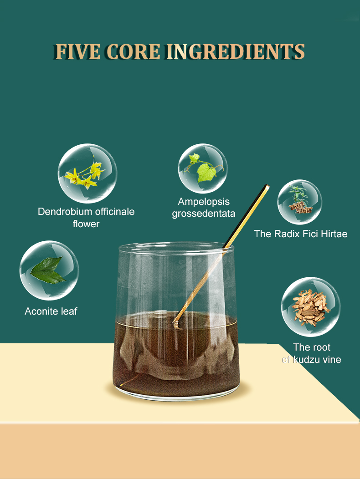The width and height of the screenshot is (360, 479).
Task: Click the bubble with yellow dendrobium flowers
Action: (x=87, y=173)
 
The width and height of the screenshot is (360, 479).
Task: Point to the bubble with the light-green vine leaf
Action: (x=203, y=168)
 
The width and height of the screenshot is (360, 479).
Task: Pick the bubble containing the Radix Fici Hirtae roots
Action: (x=300, y=202)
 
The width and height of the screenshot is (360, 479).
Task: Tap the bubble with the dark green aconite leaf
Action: (x=49, y=270)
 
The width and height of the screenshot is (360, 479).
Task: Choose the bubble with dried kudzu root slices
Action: (x=311, y=307)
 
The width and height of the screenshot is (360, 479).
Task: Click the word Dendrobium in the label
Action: (x=65, y=211)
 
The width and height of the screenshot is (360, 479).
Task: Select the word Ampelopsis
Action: (x=204, y=202)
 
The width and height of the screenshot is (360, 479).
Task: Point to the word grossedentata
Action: (x=204, y=214)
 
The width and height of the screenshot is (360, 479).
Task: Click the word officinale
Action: (x=115, y=211)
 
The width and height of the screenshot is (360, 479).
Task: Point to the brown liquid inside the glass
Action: (x=176, y=357)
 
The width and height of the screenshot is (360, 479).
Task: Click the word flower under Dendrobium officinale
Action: (x=86, y=224)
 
